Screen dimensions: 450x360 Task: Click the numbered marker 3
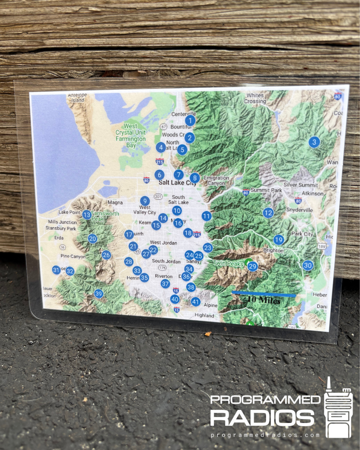[x=314, y=142]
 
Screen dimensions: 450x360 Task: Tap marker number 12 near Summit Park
[x=268, y=213]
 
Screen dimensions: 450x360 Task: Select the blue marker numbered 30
[x=308, y=266]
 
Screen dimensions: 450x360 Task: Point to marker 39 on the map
[x=99, y=294]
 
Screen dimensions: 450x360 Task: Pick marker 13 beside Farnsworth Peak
[x=87, y=215]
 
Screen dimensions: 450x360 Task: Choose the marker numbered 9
[x=145, y=201]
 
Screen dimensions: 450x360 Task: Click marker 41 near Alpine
[x=196, y=302]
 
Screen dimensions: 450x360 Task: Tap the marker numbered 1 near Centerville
[x=190, y=121]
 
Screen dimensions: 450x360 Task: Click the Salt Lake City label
[x=177, y=183]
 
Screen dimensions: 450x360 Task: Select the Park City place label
[x=302, y=234]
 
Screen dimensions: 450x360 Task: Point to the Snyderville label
[x=299, y=210]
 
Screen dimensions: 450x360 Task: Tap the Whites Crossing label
[x=255, y=98]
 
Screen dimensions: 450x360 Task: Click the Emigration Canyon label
[x=216, y=181]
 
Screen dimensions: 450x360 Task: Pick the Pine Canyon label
[x=73, y=256]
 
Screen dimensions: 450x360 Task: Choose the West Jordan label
[x=163, y=243]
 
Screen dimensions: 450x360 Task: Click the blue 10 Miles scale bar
[x=264, y=294]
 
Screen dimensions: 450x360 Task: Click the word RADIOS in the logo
[x=262, y=418]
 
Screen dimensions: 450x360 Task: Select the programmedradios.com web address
[x=265, y=435]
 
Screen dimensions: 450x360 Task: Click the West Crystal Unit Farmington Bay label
[x=131, y=136]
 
